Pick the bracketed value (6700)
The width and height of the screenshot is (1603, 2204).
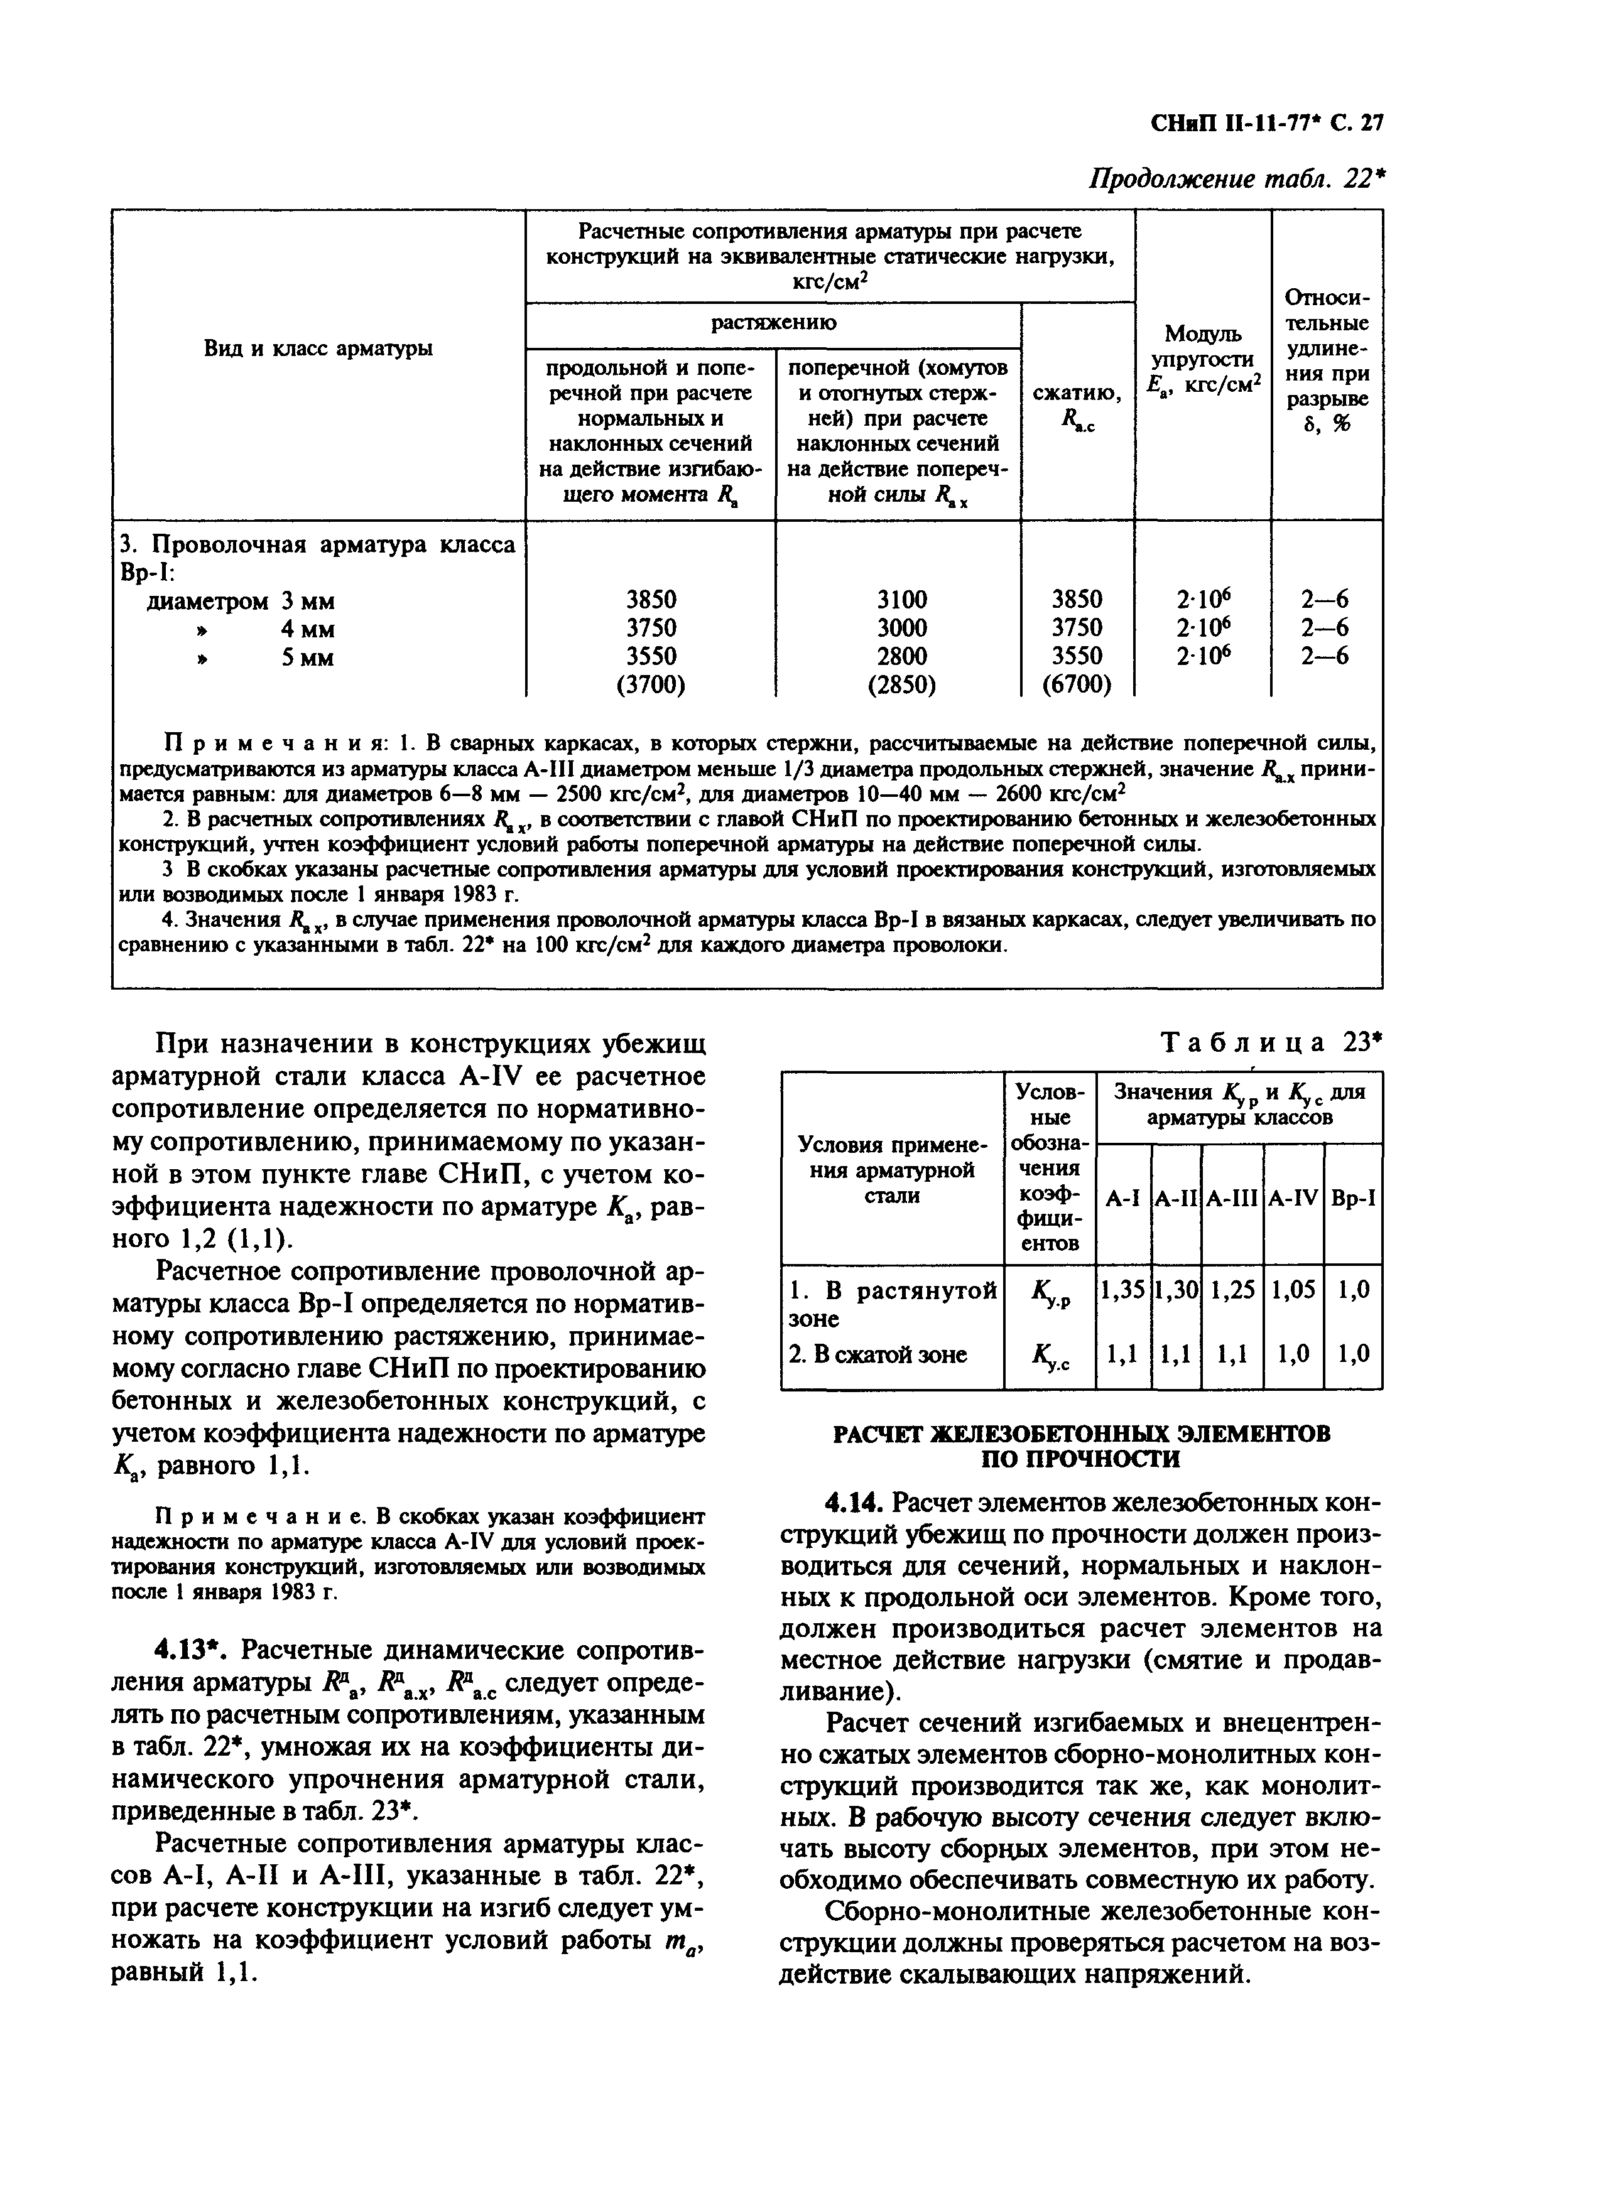click(x=1076, y=685)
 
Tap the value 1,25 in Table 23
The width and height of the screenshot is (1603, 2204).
click(x=1232, y=1290)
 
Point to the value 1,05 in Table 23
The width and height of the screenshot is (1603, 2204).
click(x=1294, y=1290)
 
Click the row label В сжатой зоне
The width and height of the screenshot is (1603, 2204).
click(x=877, y=1354)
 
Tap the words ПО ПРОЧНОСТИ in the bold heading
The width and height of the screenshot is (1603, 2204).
click(x=1081, y=1459)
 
